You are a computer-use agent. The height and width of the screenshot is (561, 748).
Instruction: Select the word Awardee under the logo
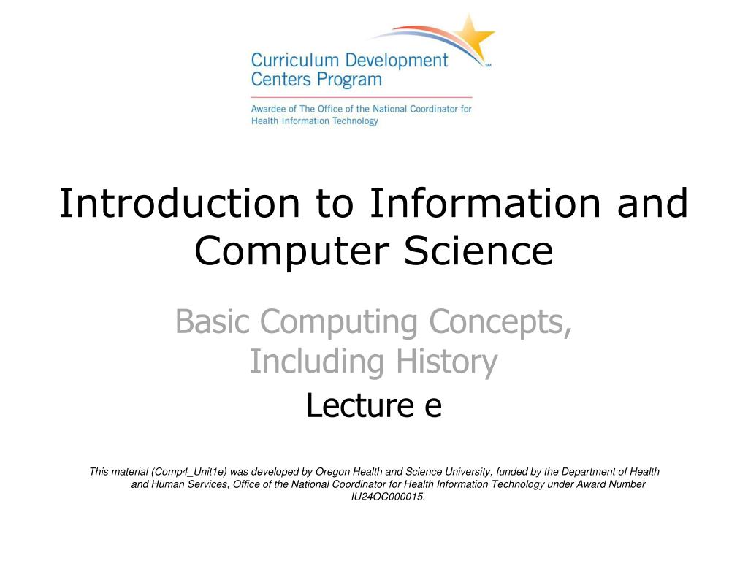click(x=269, y=109)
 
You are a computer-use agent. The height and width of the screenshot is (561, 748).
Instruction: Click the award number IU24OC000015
click(x=388, y=497)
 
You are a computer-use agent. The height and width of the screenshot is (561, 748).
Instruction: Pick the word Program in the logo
click(x=347, y=79)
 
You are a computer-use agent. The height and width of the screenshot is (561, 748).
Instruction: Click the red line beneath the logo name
click(x=362, y=97)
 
